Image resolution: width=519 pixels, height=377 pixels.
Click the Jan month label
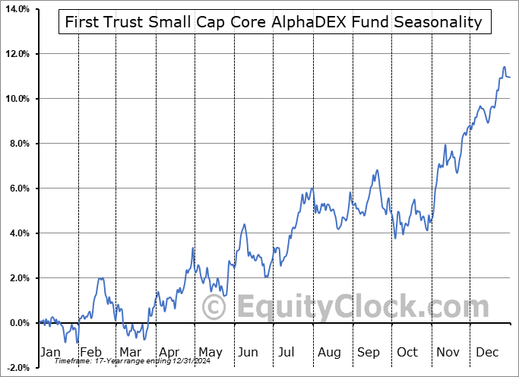pos(49,352)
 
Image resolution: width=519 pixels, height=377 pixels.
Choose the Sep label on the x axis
pos(369,352)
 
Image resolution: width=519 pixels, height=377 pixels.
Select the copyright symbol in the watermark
pos(214,308)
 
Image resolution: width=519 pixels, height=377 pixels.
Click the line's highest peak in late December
pos(504,68)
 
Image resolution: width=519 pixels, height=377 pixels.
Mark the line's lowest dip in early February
pos(76,342)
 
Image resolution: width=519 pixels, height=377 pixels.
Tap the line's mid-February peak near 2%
pos(101,278)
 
